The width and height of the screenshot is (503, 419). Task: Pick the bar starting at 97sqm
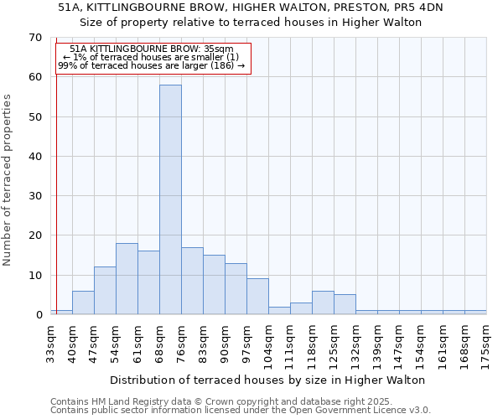(257, 297)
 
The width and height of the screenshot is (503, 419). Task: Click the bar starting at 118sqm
(323, 303)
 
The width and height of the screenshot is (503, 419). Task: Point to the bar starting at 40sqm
(83, 303)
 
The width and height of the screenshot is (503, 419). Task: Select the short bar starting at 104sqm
(279, 310)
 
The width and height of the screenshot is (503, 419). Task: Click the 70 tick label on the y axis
(35, 38)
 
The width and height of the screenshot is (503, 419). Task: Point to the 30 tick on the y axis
(35, 196)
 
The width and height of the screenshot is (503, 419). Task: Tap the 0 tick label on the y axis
(39, 315)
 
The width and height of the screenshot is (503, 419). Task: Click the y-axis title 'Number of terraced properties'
(8, 179)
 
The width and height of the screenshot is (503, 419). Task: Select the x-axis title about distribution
(267, 380)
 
